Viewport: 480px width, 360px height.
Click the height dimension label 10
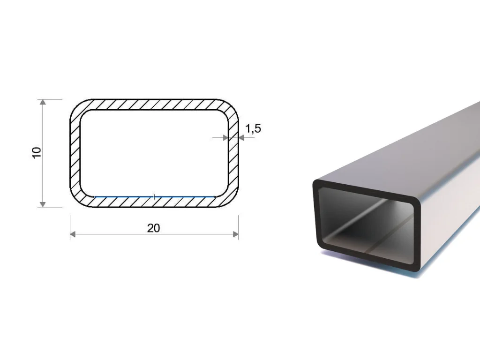pyautogui.click(x=37, y=153)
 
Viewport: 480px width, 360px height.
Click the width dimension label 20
pyautogui.click(x=153, y=228)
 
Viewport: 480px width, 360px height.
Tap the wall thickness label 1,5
pyautogui.click(x=253, y=128)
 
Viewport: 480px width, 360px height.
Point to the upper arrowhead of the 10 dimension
pyautogui.click(x=43, y=102)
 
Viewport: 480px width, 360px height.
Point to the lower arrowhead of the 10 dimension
pyautogui.click(x=43, y=204)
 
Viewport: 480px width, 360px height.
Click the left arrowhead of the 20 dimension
pyautogui.click(x=73, y=234)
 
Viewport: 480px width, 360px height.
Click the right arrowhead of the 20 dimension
pyautogui.click(x=236, y=234)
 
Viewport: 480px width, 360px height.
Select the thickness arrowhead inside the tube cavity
pyautogui.click(x=226, y=138)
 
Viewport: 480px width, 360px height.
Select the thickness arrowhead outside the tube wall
pyautogui.click(x=241, y=138)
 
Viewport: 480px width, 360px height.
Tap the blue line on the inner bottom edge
pyautogui.click(x=154, y=197)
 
